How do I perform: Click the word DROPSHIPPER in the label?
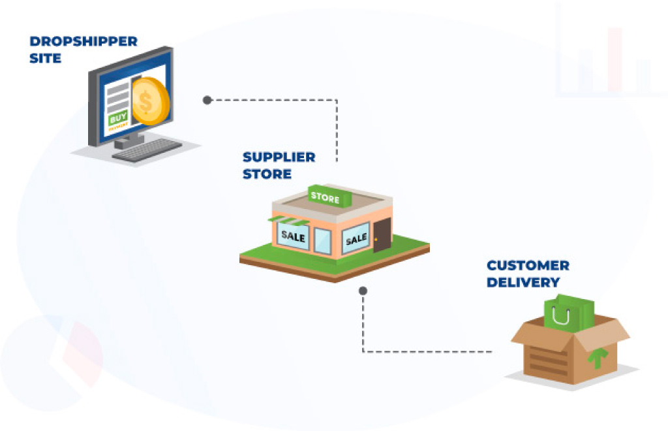click(x=83, y=42)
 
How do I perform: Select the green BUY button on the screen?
click(x=118, y=120)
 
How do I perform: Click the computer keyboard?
click(x=147, y=150)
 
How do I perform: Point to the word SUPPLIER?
click(x=279, y=157)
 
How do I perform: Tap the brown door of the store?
click(x=382, y=235)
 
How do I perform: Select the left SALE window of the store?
click(x=293, y=236)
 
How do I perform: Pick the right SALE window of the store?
click(x=356, y=239)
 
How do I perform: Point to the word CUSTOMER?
click(x=528, y=266)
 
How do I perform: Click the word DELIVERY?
click(x=523, y=283)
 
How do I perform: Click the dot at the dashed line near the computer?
click(x=207, y=100)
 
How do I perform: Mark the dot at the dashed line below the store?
click(x=363, y=290)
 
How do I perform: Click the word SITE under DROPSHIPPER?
click(x=45, y=58)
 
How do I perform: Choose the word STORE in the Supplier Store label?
click(x=267, y=174)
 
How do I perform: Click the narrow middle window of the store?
click(x=323, y=241)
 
